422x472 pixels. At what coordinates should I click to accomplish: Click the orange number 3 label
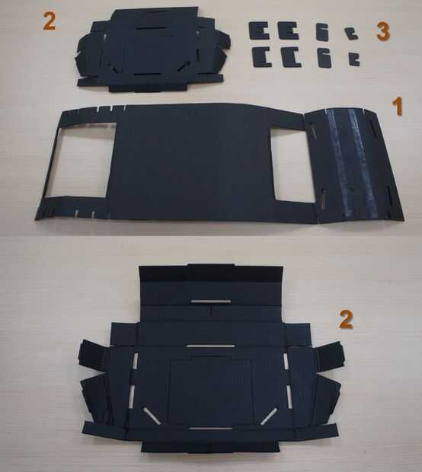click(383, 32)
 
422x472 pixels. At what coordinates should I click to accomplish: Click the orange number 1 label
click(398, 107)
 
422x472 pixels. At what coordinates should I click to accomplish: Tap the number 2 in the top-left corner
click(50, 21)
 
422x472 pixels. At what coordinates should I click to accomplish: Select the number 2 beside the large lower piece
click(346, 319)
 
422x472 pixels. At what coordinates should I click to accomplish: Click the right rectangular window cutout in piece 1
click(293, 165)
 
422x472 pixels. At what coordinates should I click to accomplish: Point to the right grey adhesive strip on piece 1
click(362, 164)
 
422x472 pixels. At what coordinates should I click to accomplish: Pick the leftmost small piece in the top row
click(258, 30)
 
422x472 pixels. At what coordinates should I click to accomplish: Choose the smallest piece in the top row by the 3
click(351, 33)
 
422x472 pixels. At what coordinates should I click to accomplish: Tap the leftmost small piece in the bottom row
click(262, 57)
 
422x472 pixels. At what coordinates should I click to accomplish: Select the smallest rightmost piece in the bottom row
click(354, 59)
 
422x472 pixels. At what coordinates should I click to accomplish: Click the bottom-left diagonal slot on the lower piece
click(152, 416)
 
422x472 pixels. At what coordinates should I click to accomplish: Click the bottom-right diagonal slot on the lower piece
click(269, 416)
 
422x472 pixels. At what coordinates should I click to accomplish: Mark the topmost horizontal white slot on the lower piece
click(211, 301)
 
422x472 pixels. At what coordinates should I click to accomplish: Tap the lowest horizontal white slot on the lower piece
click(210, 429)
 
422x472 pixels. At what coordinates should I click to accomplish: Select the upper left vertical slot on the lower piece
click(136, 361)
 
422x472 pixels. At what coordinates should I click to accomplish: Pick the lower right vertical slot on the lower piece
click(289, 397)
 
